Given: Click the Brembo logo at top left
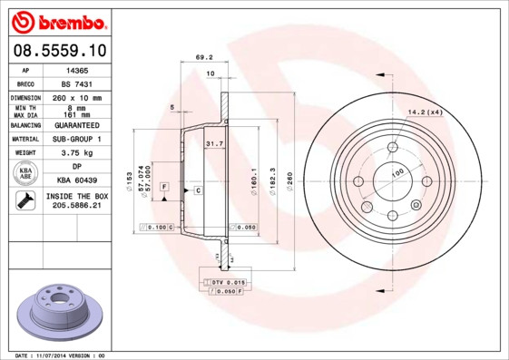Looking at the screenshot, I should pyautogui.click(x=57, y=21).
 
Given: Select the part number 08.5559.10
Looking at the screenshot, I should pyautogui.click(x=57, y=51).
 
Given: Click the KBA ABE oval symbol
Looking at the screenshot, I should pyautogui.click(x=26, y=173).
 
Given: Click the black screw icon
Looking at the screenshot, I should pyautogui.click(x=25, y=201).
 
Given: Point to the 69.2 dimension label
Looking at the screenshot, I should pyautogui.click(x=204, y=57).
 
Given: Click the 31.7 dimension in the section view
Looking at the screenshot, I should pyautogui.click(x=214, y=144).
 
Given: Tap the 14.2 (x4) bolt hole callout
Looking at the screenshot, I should pyautogui.click(x=425, y=112).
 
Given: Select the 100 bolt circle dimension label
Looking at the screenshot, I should pyautogui.click(x=396, y=171).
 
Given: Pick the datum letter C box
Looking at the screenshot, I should pyautogui.click(x=197, y=190).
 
